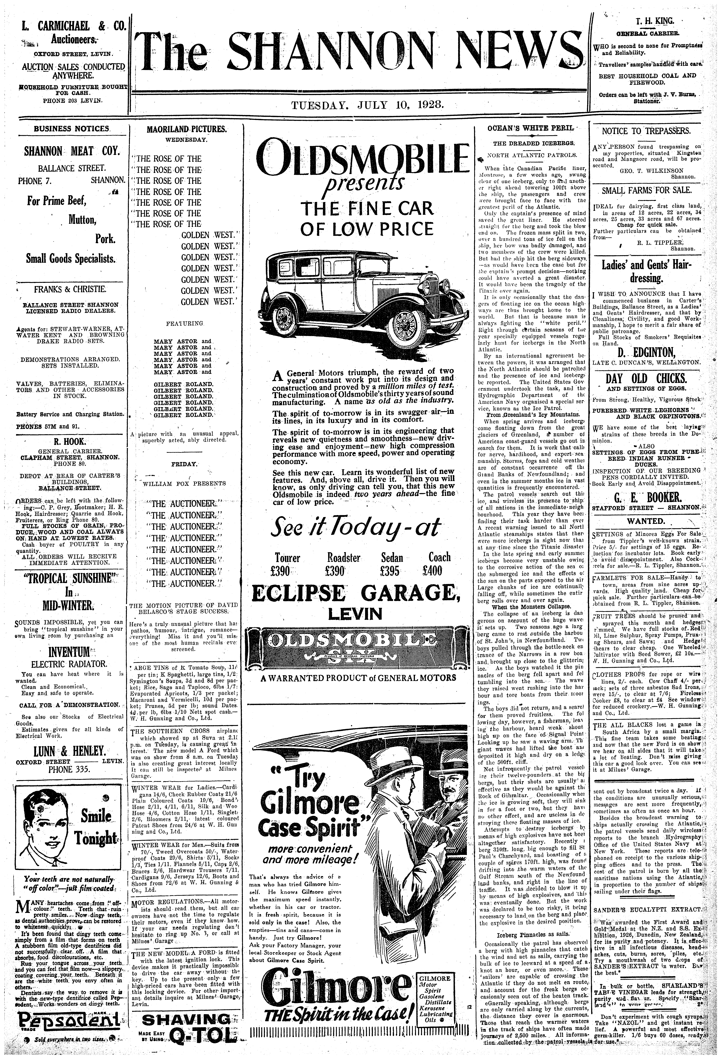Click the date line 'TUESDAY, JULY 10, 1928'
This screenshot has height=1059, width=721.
[368, 105]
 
